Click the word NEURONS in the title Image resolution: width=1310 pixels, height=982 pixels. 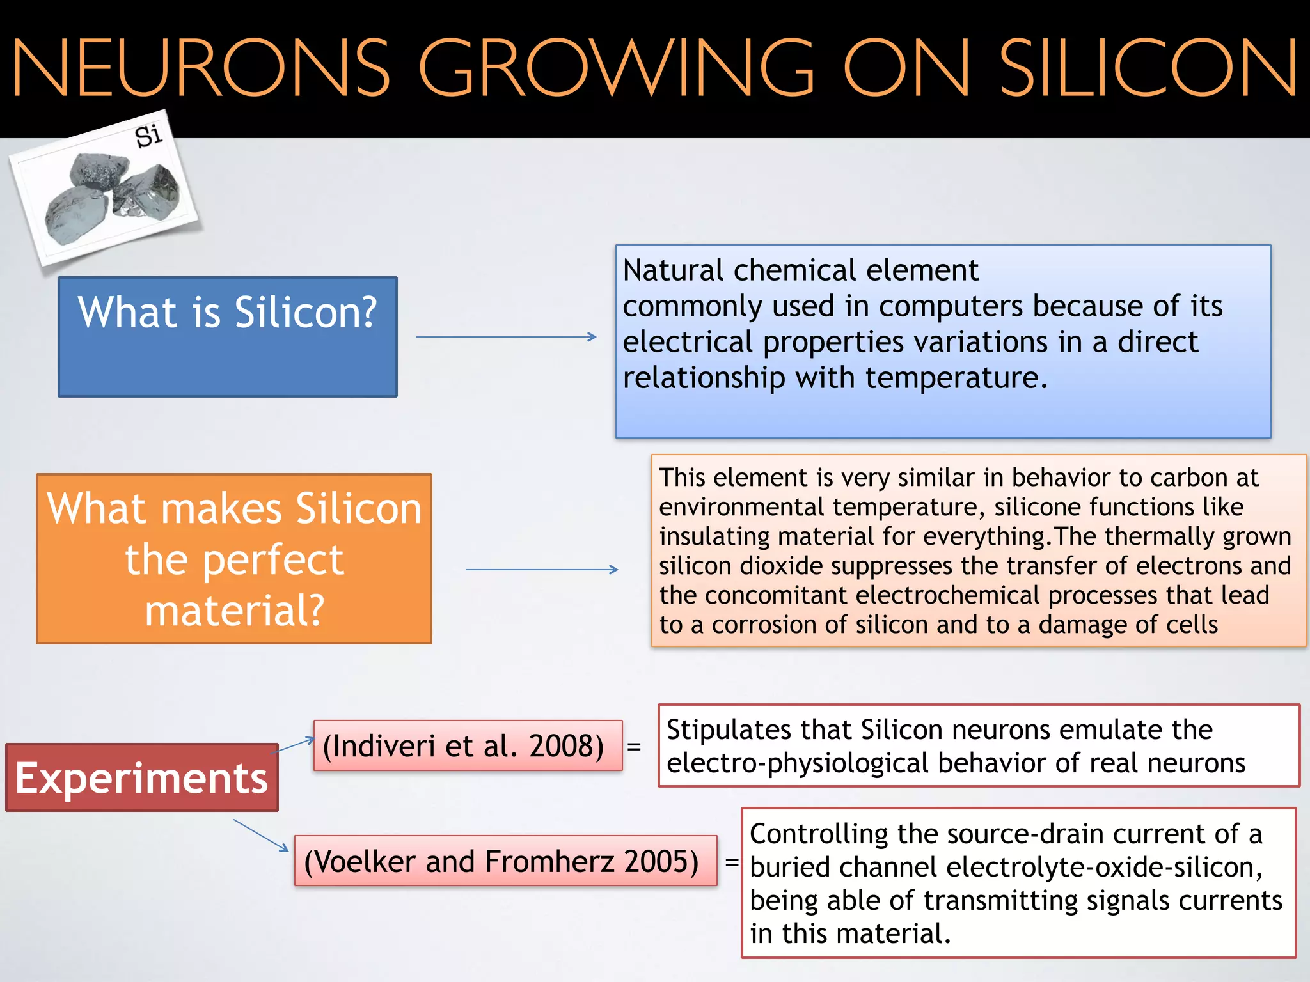tap(200, 68)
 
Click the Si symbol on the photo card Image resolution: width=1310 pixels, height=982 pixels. tap(148, 136)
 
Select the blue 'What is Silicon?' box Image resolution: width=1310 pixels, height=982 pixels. tap(228, 336)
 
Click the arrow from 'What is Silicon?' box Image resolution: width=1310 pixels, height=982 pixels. tap(505, 337)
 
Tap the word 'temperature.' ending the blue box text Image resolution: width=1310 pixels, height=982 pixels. tap(956, 378)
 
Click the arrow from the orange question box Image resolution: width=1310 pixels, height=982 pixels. tap(541, 569)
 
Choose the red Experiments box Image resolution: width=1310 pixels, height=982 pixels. tap(141, 777)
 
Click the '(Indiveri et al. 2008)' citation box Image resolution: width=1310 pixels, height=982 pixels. tap(468, 745)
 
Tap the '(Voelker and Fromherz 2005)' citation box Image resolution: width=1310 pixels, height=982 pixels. tap(505, 861)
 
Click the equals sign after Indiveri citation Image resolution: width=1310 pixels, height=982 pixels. tap(634, 746)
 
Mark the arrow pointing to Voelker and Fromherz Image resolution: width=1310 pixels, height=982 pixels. tap(261, 835)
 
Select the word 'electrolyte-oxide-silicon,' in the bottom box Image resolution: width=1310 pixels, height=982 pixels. tap(1104, 868)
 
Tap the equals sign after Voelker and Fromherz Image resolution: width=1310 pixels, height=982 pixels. tap(731, 861)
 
